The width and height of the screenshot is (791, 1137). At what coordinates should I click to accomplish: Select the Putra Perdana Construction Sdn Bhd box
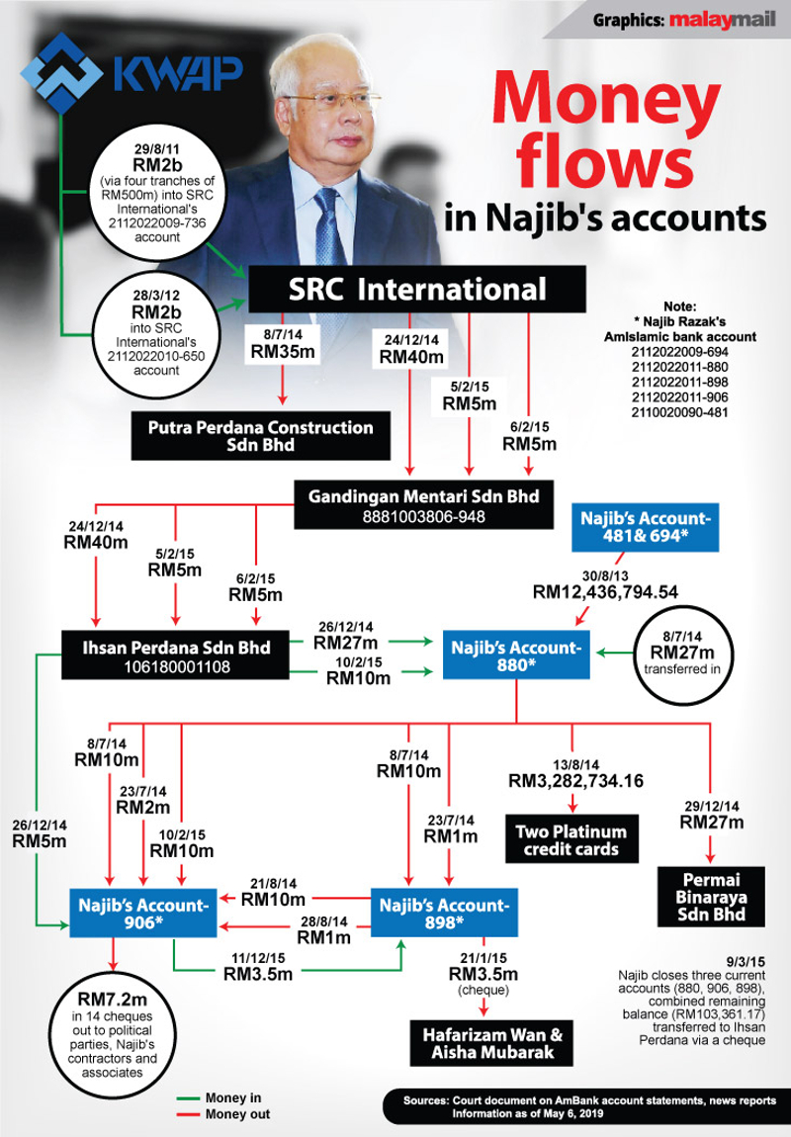(x=261, y=436)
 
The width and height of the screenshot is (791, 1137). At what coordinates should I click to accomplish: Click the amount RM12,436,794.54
(x=605, y=592)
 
